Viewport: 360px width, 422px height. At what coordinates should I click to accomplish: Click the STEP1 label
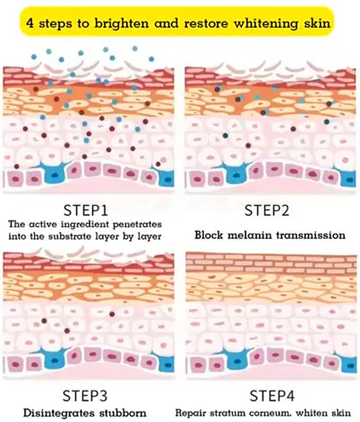click(x=85, y=210)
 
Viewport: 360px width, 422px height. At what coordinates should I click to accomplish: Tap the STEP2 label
click(x=267, y=210)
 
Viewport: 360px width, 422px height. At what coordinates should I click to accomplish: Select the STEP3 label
click(x=85, y=396)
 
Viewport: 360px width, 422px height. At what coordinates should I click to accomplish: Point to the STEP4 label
click(x=272, y=396)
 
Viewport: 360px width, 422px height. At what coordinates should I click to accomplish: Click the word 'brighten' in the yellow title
click(x=122, y=23)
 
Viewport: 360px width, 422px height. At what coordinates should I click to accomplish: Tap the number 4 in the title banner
click(x=30, y=23)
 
